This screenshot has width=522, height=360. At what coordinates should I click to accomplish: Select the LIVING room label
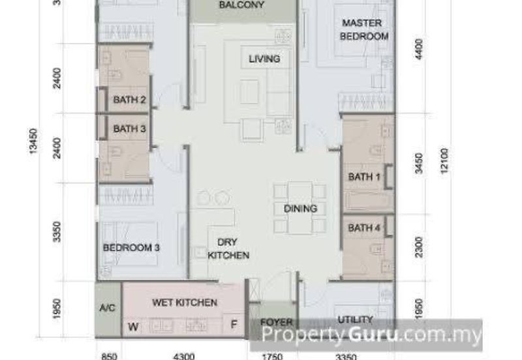pos(264,59)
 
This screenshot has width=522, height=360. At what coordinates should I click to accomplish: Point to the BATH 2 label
pos(129,100)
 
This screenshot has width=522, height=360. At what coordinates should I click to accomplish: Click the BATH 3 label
pos(129,129)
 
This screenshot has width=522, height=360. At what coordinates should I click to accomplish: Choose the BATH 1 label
pos(364,177)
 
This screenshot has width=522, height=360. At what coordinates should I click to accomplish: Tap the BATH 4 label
pos(364,228)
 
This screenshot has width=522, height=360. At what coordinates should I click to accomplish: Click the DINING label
pos(300,209)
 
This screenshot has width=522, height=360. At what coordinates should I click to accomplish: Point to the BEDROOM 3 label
pos(131,248)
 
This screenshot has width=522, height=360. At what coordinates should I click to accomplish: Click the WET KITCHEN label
pos(184,303)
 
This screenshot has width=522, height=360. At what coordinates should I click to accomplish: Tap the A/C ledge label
pos(108,307)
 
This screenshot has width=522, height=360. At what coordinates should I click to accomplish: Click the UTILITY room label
pos(354,320)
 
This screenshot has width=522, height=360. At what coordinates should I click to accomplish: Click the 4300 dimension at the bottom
pos(183,356)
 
